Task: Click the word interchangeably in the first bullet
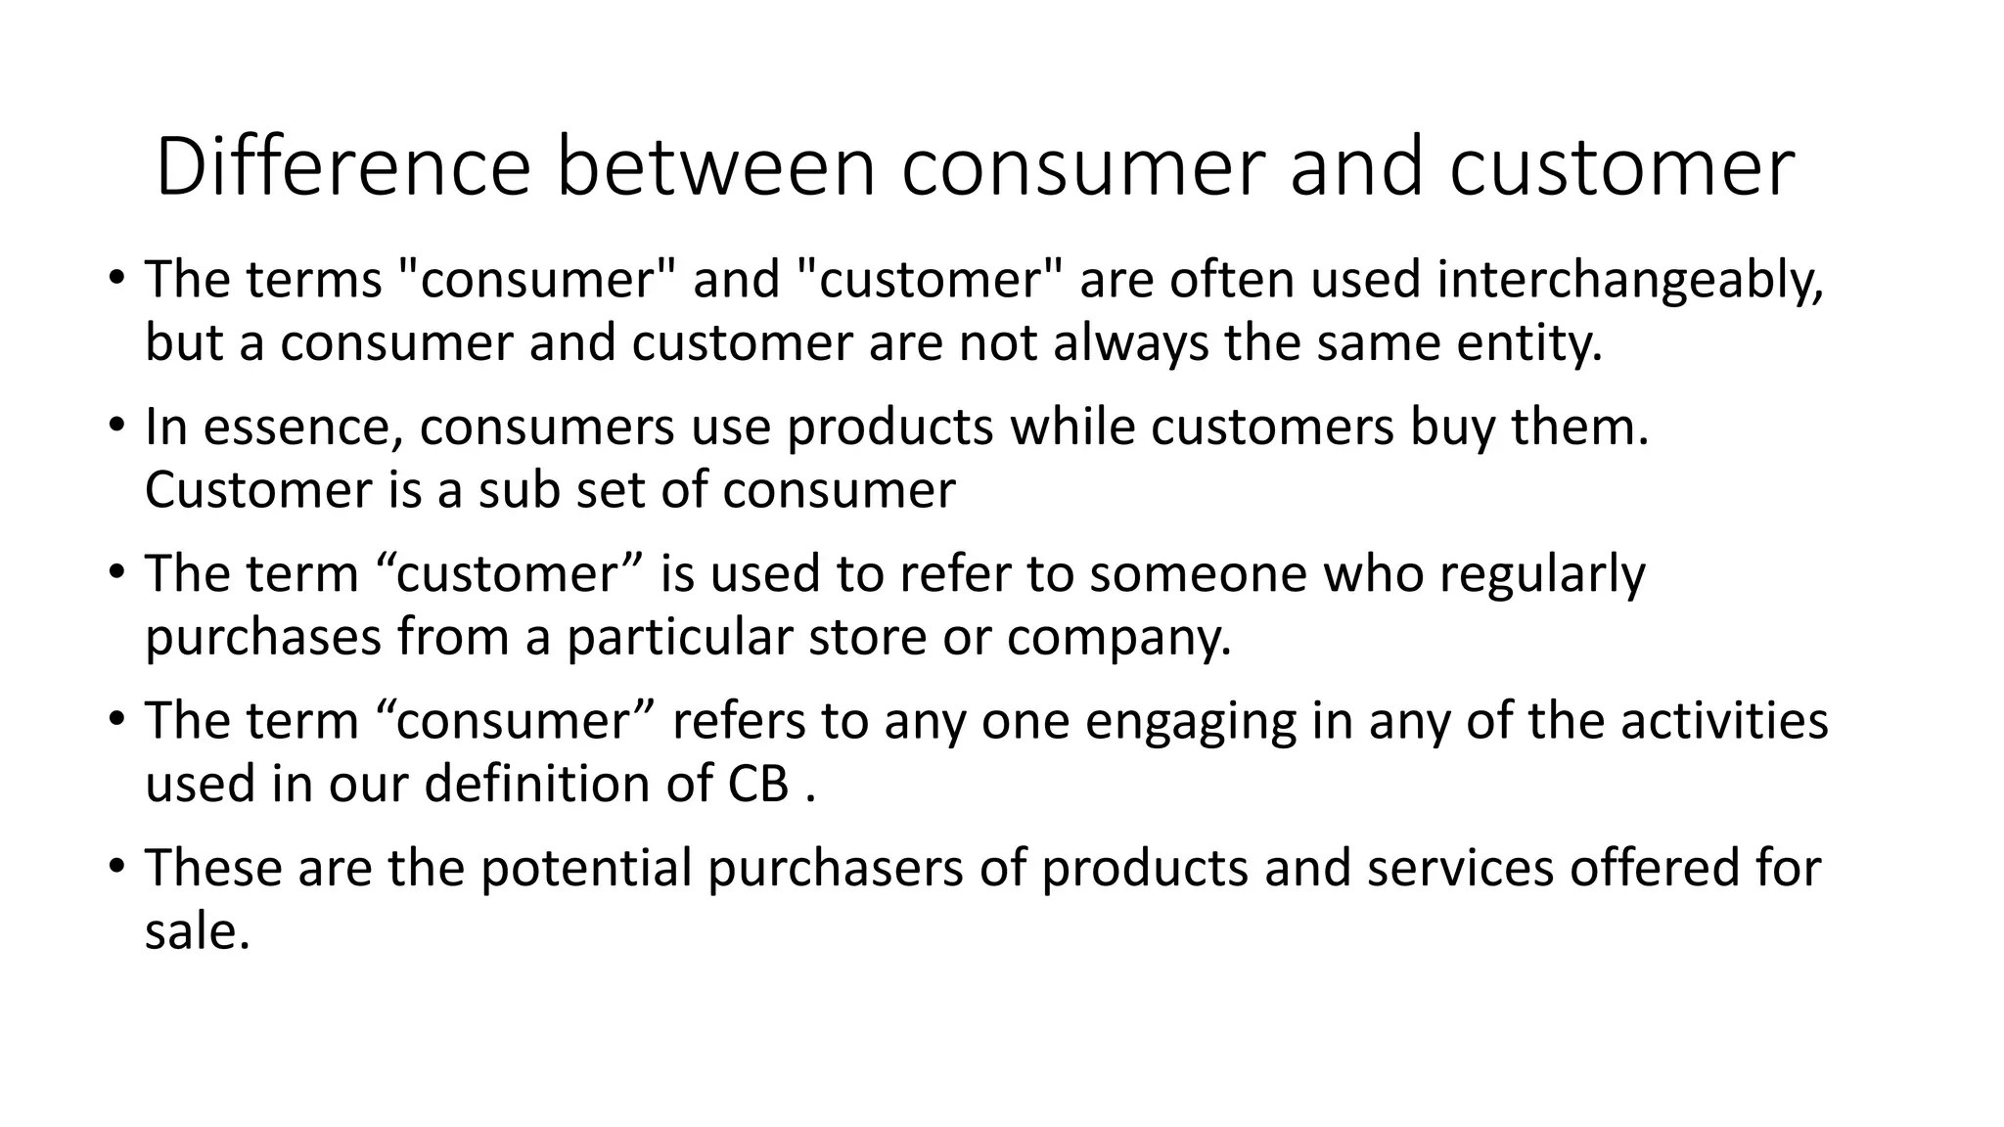(1630, 280)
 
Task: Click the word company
(1117, 637)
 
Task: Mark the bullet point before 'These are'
(117, 867)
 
